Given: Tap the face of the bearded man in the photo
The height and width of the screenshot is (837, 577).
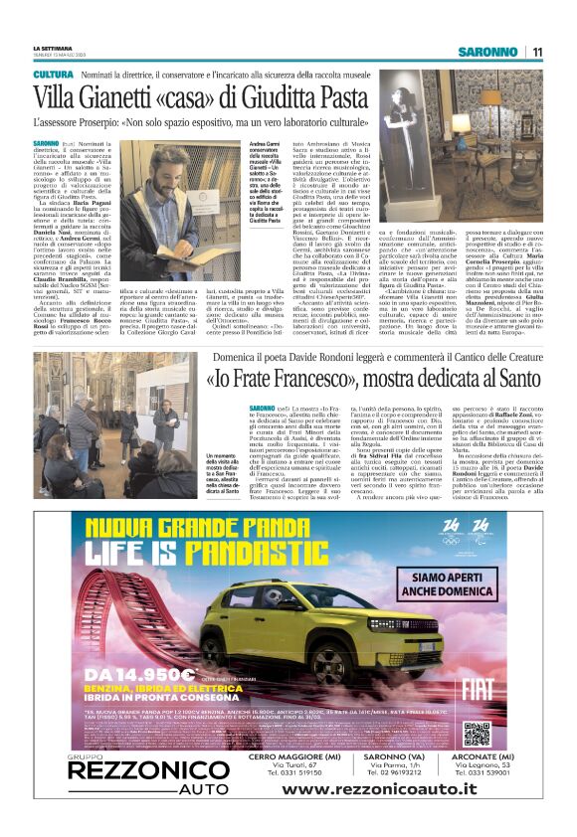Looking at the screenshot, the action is click(210, 179).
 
